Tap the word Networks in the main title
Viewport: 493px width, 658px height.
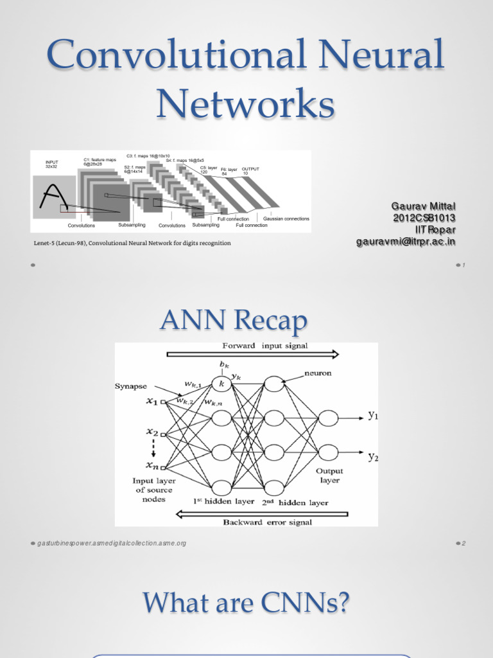pyautogui.click(x=246, y=105)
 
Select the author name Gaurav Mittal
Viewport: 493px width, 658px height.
pyautogui.click(x=424, y=206)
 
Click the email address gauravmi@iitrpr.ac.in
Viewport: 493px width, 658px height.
pyautogui.click(x=406, y=242)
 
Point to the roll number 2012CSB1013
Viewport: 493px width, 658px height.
pyautogui.click(x=424, y=218)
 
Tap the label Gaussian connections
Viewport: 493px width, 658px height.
pyautogui.click(x=286, y=219)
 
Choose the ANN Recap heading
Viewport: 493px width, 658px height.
pyautogui.click(x=246, y=320)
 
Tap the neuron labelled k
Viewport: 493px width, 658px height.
pyautogui.click(x=222, y=384)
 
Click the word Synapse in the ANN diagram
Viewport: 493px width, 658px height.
pyautogui.click(x=131, y=386)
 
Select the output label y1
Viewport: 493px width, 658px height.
pyautogui.click(x=373, y=416)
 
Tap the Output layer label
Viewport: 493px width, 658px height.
pyautogui.click(x=329, y=476)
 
